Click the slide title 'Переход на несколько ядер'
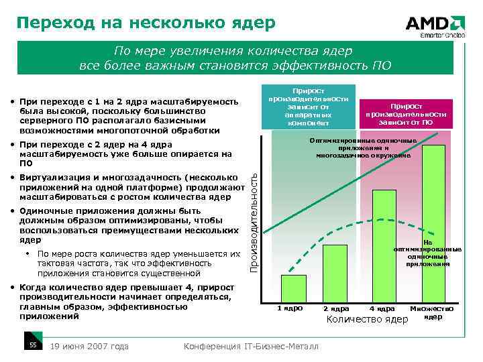tap(146, 23)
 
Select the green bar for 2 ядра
tap(335, 271)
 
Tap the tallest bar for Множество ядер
tap(433, 221)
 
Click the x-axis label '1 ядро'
tap(290, 308)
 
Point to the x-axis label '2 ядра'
tap(335, 309)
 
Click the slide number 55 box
tap(32, 345)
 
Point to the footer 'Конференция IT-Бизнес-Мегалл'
tap(251, 346)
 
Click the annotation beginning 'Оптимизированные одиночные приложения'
tap(363, 148)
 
